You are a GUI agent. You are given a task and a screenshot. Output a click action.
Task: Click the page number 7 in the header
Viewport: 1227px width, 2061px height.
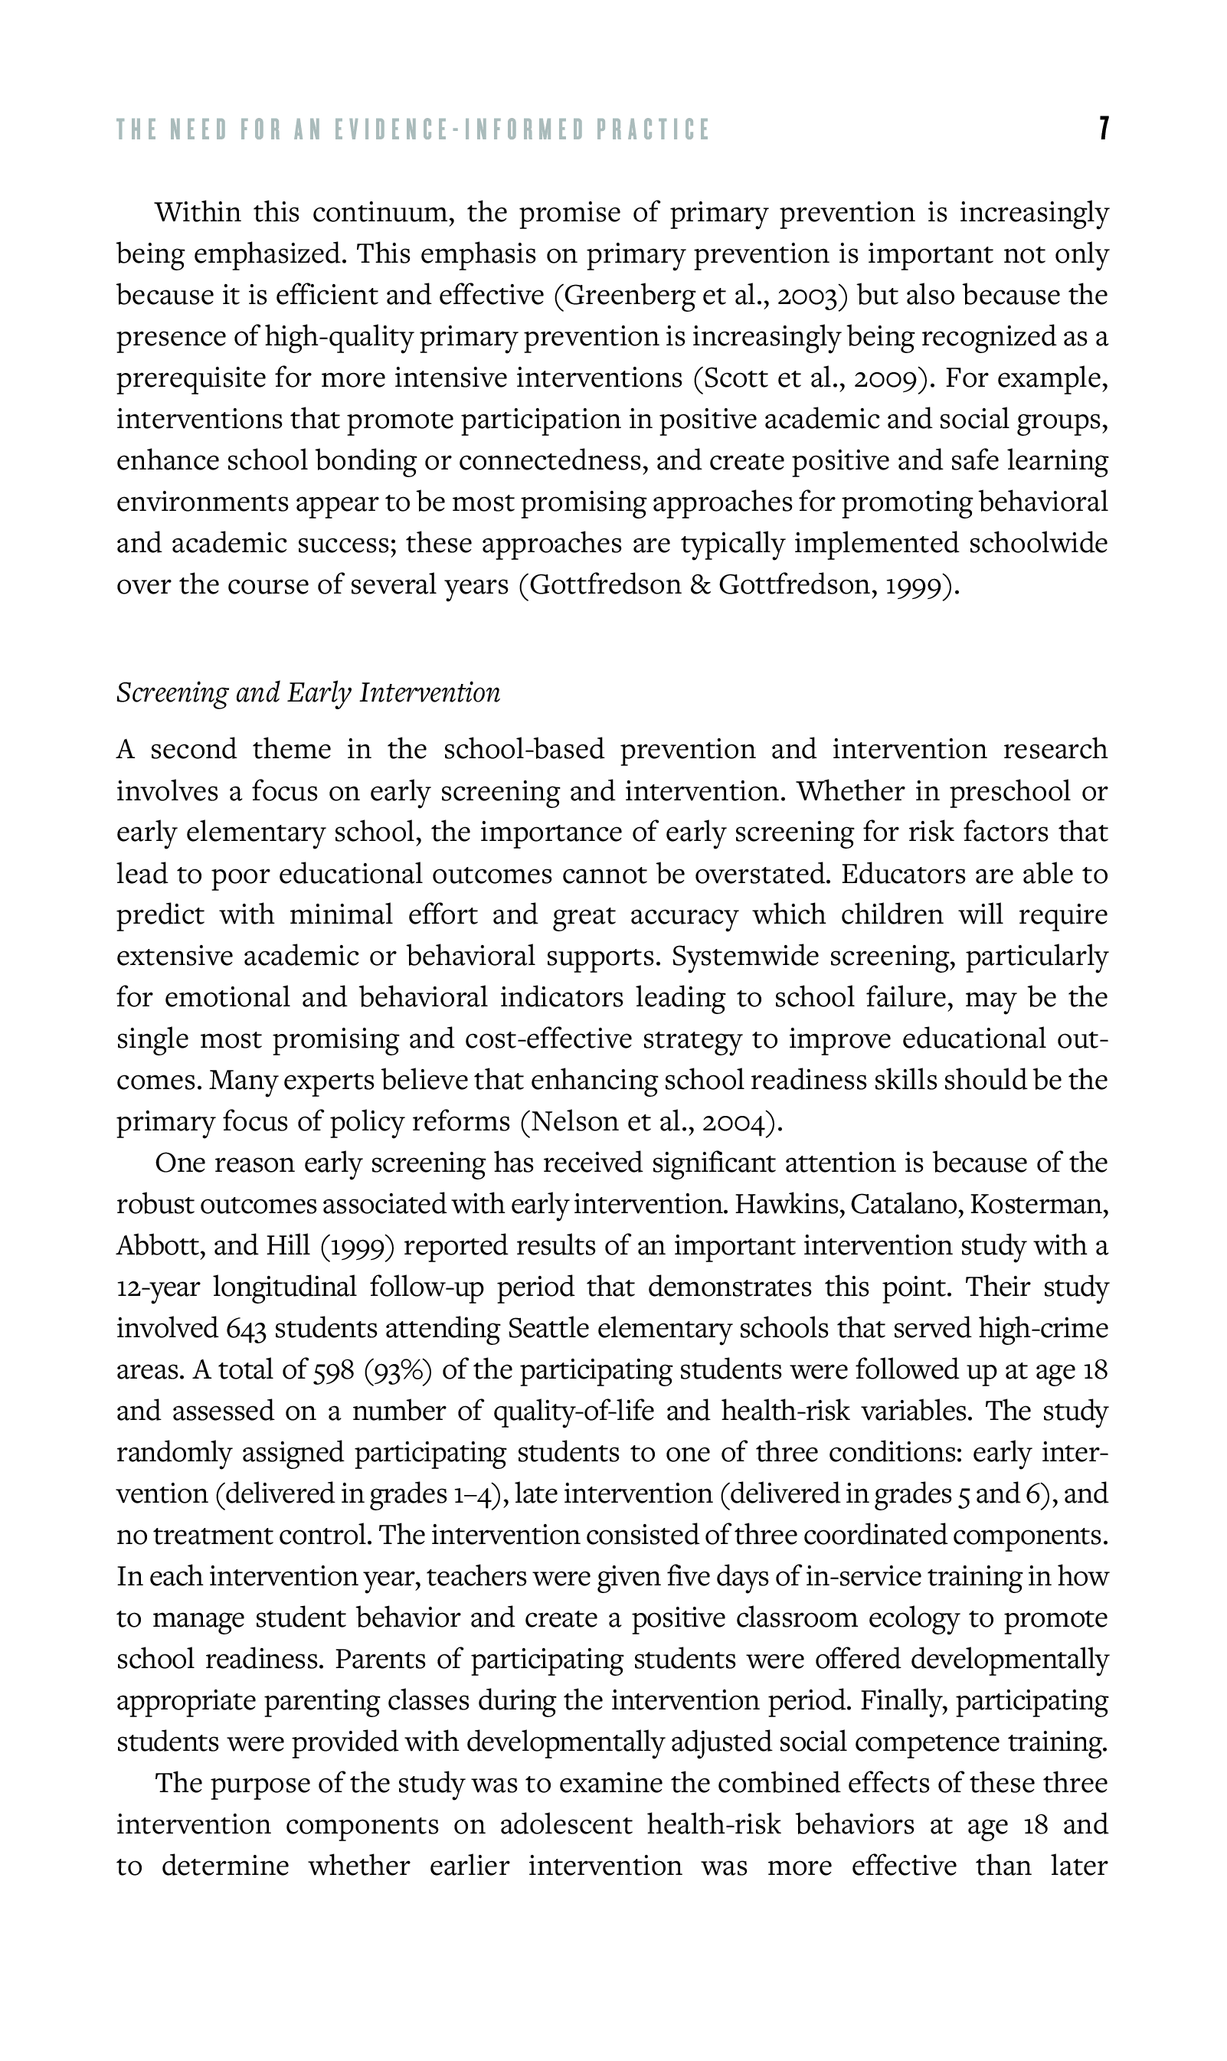click(1103, 129)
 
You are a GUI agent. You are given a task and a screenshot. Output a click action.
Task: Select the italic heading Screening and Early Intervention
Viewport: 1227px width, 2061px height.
click(309, 693)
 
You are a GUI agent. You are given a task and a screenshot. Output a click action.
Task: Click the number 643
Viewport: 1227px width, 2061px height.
click(247, 1329)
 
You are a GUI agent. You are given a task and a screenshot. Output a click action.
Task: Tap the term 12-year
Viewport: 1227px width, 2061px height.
click(159, 1287)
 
